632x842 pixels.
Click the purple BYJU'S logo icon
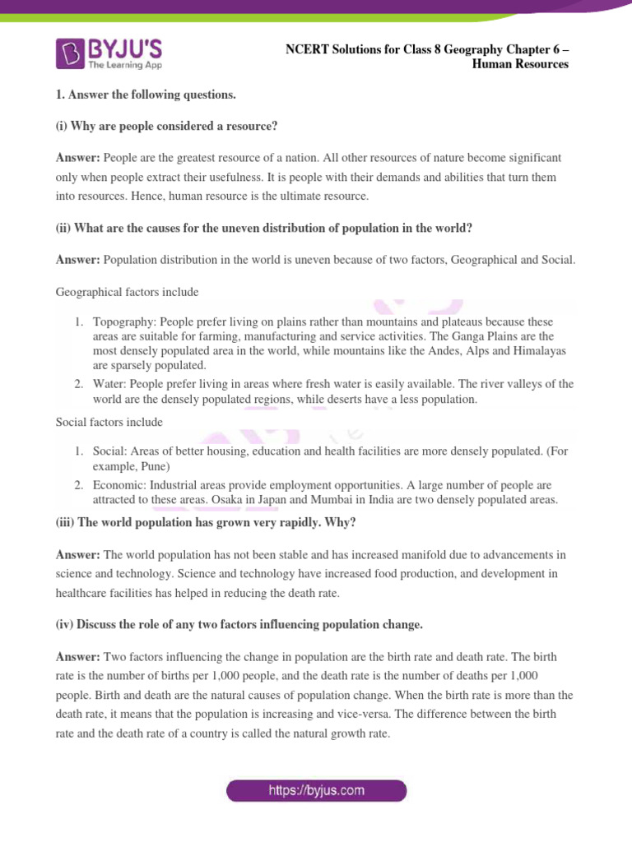(x=72, y=53)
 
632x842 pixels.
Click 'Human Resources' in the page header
(x=520, y=65)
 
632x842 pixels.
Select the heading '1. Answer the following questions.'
(x=146, y=95)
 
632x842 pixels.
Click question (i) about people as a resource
(x=167, y=125)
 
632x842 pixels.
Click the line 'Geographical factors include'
(x=127, y=291)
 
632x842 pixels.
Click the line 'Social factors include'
(x=109, y=422)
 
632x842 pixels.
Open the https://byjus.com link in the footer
(x=316, y=791)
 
